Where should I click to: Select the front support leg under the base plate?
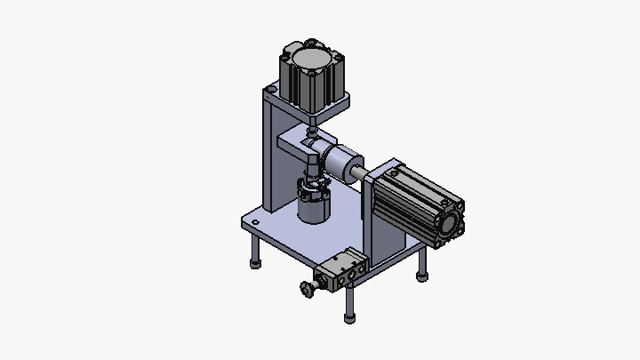point(350,300)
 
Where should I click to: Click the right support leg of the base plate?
point(422,263)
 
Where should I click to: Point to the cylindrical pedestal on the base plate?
point(313,210)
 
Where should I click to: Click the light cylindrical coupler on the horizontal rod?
point(338,164)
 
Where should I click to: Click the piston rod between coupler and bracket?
point(356,170)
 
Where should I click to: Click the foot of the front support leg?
point(350,318)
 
